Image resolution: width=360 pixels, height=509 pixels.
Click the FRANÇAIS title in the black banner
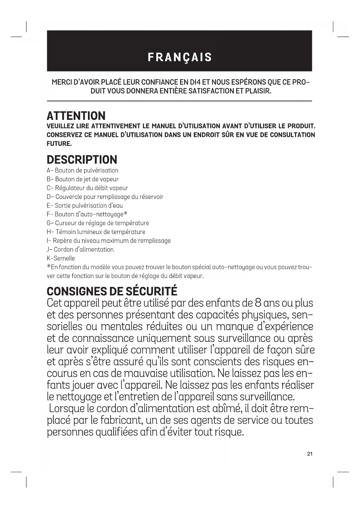180,57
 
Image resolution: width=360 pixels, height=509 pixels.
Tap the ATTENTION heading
76,116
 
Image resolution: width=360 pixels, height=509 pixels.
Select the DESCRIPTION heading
82,160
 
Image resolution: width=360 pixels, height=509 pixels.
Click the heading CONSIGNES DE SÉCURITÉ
112,291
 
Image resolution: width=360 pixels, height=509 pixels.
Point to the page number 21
310,454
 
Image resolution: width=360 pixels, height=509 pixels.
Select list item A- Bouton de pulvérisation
83,170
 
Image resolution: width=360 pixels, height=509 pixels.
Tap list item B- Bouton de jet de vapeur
83,179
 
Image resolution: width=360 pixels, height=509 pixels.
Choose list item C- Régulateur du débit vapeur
87,188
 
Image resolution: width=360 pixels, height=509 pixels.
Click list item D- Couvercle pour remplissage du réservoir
105,197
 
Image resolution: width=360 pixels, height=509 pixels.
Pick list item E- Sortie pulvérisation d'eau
85,205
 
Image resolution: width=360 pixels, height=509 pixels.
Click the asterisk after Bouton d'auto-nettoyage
125,214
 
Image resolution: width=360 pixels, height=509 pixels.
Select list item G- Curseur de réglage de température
98,223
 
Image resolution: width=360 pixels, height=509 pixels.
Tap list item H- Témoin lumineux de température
96,232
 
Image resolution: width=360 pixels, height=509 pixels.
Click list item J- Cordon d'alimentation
80,250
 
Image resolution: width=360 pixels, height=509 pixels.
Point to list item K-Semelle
61,258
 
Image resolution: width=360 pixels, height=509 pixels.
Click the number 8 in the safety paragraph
258,303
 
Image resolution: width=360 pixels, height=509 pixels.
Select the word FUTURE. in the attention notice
59,144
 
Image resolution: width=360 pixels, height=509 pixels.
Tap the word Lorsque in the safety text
67,409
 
